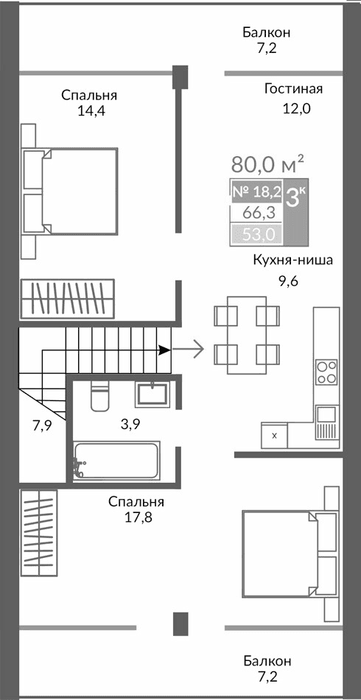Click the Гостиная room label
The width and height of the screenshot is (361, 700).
click(x=294, y=89)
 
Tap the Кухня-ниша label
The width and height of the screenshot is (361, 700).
click(x=293, y=260)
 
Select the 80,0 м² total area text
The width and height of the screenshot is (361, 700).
click(x=267, y=163)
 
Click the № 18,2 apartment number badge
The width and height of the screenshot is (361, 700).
click(x=256, y=191)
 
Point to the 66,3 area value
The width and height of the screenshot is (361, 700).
click(x=256, y=213)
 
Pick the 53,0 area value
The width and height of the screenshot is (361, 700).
click(x=256, y=235)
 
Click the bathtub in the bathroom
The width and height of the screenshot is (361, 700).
click(x=116, y=461)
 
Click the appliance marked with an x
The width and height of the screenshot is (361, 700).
click(x=275, y=435)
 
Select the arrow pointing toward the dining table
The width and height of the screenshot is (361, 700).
click(x=189, y=349)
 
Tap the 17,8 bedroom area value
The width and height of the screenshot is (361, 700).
click(x=136, y=517)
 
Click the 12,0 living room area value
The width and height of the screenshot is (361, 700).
click(x=294, y=109)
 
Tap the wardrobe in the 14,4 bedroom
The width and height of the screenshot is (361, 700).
click(x=66, y=299)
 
